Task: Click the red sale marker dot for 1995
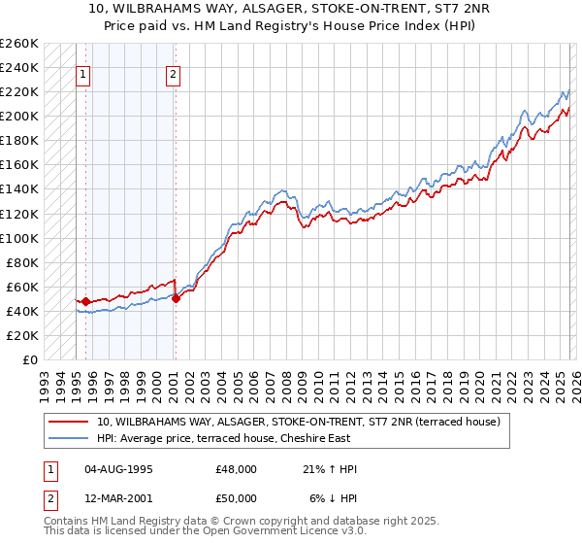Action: [x=85, y=302]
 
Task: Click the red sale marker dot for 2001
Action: [x=176, y=299]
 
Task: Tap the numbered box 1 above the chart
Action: [x=83, y=74]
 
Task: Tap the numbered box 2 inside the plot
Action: [x=173, y=74]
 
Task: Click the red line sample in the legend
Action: [x=69, y=422]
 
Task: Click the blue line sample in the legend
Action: [x=69, y=439]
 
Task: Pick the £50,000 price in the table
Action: [x=237, y=497]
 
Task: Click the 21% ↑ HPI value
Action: [x=330, y=469]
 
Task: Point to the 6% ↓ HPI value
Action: [x=334, y=497]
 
